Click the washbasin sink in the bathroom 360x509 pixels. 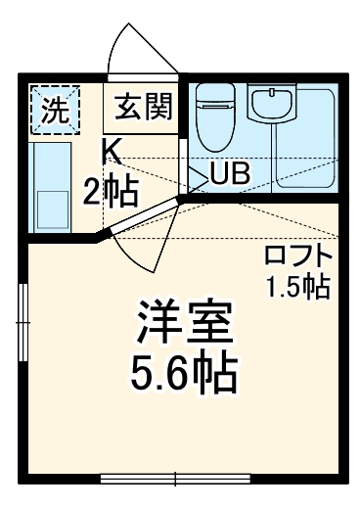click(266, 103)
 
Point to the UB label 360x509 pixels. click(231, 174)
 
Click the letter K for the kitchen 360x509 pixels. click(110, 152)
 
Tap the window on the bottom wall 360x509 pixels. click(176, 479)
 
